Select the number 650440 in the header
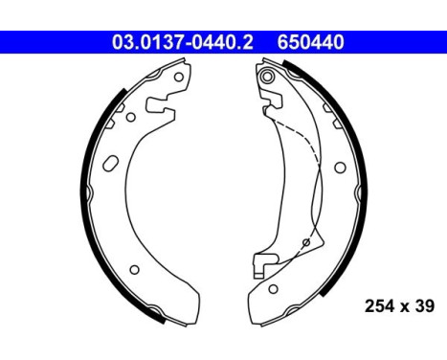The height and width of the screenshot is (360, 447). pos(311,41)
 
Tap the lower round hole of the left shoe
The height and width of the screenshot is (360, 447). pos(134,269)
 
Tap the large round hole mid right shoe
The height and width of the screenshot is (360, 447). pos(340,166)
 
